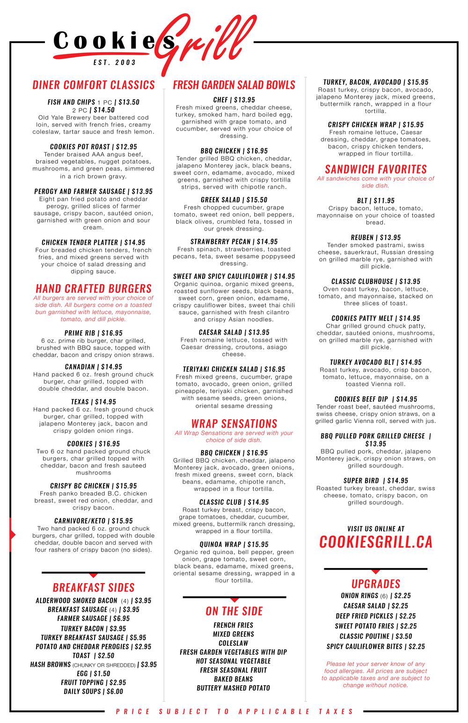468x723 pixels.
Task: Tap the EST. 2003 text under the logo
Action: [x=115, y=62]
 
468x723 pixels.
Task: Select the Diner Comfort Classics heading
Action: [x=94, y=85]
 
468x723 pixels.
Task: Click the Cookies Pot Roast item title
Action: [x=94, y=146]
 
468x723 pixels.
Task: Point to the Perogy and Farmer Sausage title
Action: [x=94, y=191]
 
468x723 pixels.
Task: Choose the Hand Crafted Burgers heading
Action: [x=94, y=288]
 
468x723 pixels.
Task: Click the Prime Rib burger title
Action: [x=94, y=333]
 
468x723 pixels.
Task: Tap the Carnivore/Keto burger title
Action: [x=94, y=520]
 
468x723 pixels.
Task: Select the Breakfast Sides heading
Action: [x=94, y=587]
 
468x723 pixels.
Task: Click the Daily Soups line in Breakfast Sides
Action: [x=94, y=691]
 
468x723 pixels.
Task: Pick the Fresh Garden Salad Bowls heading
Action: [x=234, y=85]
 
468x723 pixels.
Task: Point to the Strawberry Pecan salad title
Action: [x=234, y=241]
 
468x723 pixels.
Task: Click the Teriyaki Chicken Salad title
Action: [x=234, y=369]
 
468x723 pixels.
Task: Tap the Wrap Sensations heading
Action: [x=234, y=424]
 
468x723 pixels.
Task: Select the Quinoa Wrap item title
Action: [x=234, y=544]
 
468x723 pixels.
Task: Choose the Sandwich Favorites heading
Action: [x=376, y=169]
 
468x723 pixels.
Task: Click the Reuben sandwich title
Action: [x=376, y=237]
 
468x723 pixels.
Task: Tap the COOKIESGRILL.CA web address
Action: [x=376, y=541]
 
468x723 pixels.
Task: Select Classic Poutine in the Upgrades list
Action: [x=376, y=636]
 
